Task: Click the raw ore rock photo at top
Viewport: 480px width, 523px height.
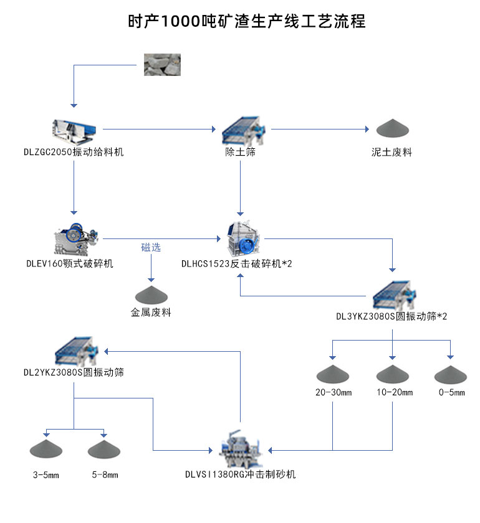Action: point(162,64)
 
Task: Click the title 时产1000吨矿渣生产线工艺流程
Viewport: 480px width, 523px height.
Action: point(240,21)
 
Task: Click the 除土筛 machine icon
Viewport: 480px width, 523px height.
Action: point(241,129)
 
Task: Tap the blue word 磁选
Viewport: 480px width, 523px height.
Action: point(150,247)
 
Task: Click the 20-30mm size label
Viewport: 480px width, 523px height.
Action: point(334,392)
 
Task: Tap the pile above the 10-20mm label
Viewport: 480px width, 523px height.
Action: point(392,374)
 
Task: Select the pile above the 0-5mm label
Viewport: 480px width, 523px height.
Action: point(450,374)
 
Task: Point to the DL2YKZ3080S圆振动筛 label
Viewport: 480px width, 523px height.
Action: point(74,372)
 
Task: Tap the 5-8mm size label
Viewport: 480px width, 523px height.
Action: point(104,475)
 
